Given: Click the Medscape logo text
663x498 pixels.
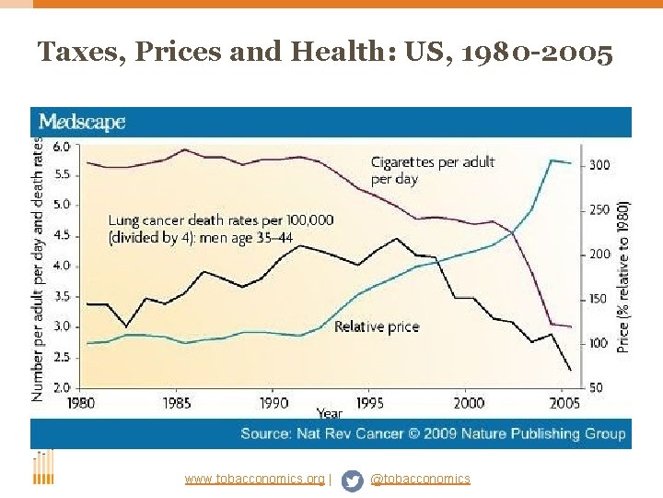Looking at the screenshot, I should point(82,122).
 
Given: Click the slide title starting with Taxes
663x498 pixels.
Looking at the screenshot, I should point(325,53).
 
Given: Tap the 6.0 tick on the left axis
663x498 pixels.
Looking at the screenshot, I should point(61,147).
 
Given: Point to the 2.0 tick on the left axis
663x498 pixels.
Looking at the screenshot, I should point(61,387).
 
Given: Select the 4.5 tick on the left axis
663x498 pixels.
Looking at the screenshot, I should point(61,235).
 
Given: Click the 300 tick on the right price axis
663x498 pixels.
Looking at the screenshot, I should point(599,165).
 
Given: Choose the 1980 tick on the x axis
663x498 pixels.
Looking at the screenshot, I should point(80,403).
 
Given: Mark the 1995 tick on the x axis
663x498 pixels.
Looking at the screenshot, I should point(371,403).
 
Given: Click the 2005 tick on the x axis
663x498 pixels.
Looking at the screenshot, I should point(565,403).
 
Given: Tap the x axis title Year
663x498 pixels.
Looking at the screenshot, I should point(329,413).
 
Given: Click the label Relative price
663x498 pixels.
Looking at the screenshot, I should point(376,326).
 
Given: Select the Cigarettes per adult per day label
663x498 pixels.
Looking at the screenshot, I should point(432,170).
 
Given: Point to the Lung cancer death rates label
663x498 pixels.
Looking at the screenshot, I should point(220,228).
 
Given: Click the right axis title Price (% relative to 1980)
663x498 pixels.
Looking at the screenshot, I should point(623,277).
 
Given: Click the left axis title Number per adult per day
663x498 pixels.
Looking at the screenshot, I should point(38,267).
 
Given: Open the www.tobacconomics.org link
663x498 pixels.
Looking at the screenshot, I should point(254,479).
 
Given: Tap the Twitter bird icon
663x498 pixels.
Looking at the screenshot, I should point(352,480).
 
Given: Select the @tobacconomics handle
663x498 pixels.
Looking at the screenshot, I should point(420,479).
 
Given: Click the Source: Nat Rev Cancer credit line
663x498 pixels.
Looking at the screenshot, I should point(433,433).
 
